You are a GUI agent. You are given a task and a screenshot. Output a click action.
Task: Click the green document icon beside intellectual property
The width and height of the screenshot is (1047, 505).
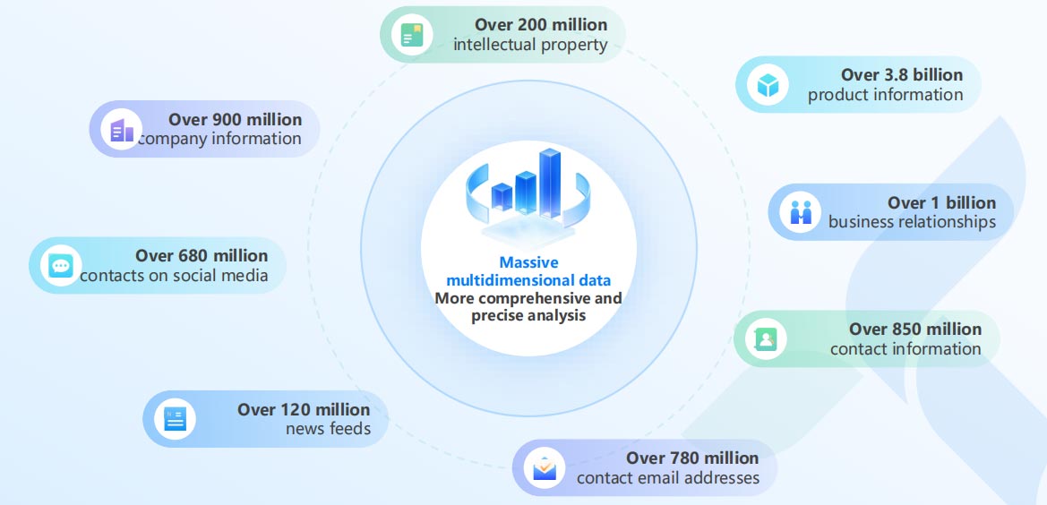coord(411,35)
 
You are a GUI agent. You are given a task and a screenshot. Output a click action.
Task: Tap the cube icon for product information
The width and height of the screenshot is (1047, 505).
coord(768,85)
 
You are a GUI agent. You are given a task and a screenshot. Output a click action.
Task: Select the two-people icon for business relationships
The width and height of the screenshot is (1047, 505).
coord(800,212)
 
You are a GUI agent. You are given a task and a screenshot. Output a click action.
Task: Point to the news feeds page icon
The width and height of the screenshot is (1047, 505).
coord(175,419)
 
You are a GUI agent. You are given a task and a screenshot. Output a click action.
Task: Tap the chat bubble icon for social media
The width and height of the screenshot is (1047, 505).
coord(61,266)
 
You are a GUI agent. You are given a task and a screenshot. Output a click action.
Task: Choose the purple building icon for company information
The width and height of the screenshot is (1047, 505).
coord(122,130)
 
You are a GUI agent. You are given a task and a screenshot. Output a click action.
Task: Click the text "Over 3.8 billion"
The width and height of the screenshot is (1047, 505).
coord(901,74)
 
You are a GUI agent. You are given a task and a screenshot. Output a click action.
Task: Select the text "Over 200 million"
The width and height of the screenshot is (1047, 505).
coord(541,25)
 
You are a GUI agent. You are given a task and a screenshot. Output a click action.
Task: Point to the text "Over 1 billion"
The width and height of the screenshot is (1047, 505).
coord(941,202)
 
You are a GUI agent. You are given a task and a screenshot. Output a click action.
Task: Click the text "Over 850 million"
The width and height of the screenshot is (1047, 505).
coord(914,329)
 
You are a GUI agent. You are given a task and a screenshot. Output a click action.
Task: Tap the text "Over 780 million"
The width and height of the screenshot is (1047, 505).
coord(691,458)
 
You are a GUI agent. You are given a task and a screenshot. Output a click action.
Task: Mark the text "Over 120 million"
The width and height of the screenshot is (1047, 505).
coord(303,409)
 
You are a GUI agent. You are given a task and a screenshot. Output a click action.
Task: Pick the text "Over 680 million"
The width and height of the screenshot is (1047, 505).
coord(201,255)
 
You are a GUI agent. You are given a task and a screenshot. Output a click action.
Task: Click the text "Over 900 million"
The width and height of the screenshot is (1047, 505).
coord(235,119)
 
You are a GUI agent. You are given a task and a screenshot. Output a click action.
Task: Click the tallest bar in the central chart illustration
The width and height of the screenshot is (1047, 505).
coord(550,184)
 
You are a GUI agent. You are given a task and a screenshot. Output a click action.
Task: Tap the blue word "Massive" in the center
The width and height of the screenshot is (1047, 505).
coord(528,262)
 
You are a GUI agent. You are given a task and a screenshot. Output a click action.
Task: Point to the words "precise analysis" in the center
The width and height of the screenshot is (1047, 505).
coord(528,315)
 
